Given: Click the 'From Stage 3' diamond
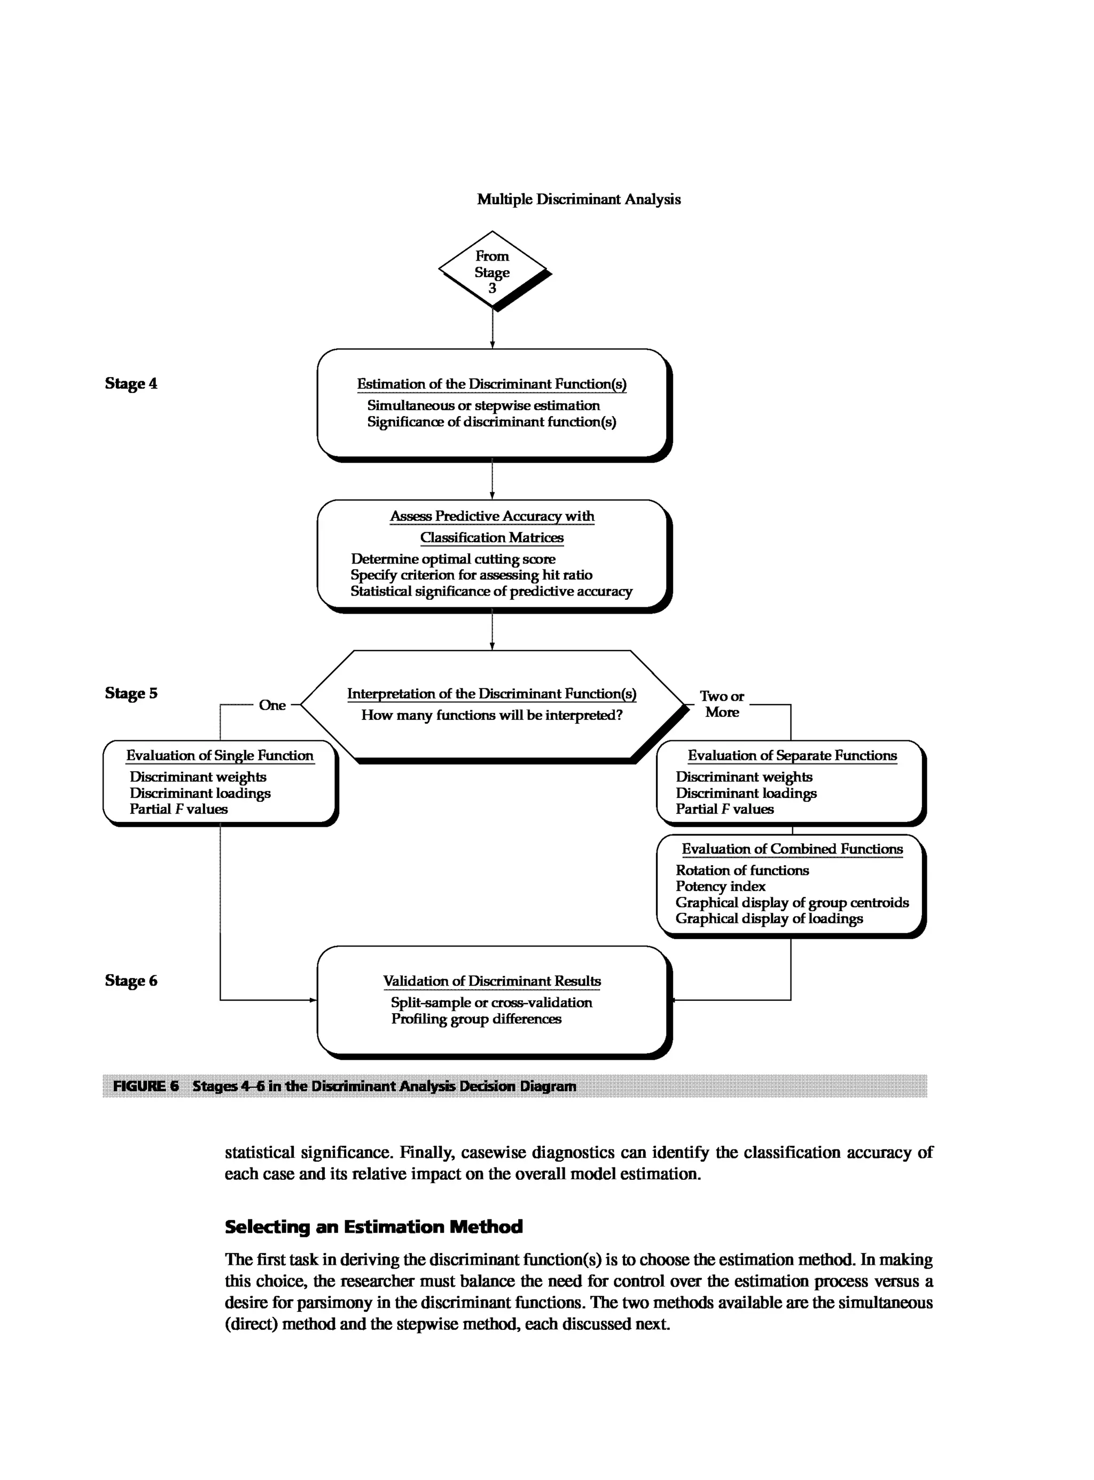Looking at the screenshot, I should click(492, 271).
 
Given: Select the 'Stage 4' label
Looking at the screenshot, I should click(131, 383).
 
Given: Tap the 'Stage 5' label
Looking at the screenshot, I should click(131, 693).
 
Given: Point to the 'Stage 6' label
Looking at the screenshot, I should click(131, 980).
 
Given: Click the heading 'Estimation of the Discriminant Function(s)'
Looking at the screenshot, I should click(491, 384).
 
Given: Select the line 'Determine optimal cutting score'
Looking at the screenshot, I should click(452, 559).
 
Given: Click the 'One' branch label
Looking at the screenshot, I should click(272, 705).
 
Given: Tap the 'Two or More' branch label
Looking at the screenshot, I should click(722, 704).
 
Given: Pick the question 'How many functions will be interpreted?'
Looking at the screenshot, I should click(491, 715).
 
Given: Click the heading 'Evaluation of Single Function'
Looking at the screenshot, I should click(220, 756).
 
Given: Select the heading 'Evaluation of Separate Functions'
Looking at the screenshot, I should click(792, 756).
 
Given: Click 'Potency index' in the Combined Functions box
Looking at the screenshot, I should click(720, 886).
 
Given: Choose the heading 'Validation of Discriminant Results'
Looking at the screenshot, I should click(491, 981).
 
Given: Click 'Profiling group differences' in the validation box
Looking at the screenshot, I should click(475, 1019).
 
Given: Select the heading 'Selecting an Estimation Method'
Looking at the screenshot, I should click(373, 1227).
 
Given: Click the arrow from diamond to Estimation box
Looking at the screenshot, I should click(492, 328).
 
